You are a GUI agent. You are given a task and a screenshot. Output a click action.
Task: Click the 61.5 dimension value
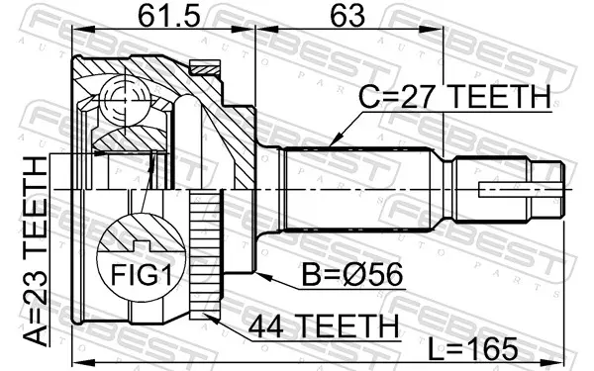[168, 16]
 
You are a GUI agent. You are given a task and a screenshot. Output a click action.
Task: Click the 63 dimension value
[347, 16]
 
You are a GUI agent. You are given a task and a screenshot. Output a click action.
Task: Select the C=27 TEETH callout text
[454, 96]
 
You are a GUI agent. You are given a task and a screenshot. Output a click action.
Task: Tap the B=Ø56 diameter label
[351, 275]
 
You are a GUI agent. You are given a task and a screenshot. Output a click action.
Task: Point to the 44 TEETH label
[324, 325]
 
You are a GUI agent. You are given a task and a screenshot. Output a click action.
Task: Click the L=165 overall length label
[473, 348]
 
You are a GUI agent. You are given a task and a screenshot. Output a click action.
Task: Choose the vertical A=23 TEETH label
[35, 251]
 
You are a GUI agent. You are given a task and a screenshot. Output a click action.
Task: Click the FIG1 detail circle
[142, 256]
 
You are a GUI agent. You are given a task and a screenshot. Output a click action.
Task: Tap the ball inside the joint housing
[126, 100]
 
